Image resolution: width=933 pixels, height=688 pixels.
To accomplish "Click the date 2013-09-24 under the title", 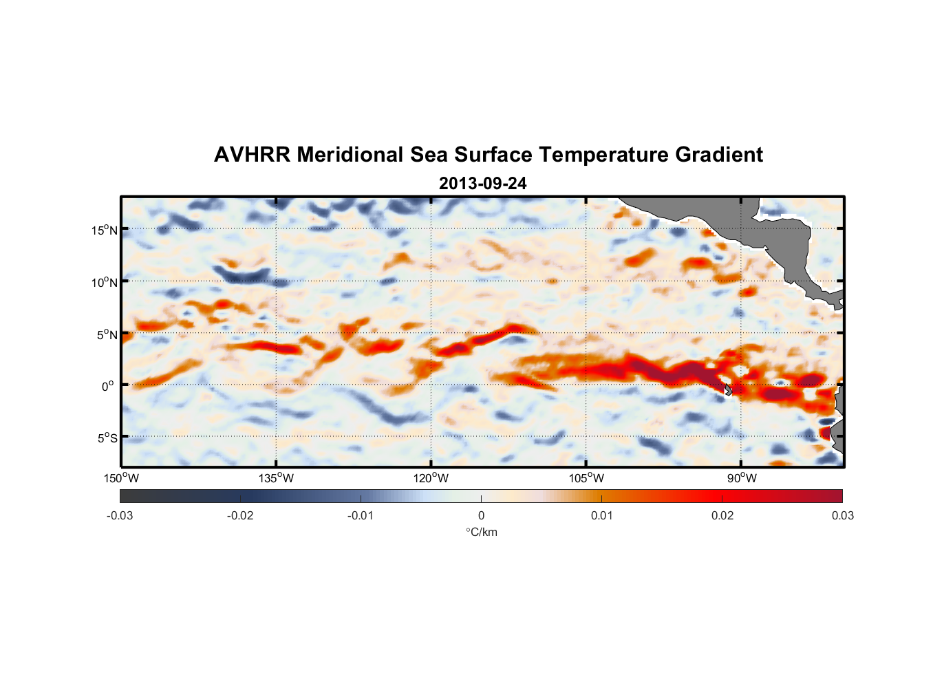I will click(482, 184).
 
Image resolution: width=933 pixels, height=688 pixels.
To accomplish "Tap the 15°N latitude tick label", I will click(104, 230).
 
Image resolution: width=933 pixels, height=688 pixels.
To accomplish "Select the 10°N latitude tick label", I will click(104, 282).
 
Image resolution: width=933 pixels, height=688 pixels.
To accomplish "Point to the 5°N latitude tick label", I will click(107, 334).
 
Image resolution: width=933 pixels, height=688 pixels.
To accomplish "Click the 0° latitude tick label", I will click(108, 387).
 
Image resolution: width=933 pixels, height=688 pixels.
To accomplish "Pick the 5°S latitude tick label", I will click(107, 438).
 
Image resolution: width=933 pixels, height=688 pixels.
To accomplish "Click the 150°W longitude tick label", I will click(121, 478).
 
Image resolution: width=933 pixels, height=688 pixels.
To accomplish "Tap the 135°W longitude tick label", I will click(276, 478).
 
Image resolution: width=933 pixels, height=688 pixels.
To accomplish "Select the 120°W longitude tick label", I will click(431, 478).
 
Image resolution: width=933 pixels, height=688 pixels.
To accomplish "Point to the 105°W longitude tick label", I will click(586, 478).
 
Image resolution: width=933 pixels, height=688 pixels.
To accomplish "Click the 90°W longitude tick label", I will click(742, 478).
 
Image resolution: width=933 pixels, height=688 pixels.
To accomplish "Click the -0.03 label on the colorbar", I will click(120, 515).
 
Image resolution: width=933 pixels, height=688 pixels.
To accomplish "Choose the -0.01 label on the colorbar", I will click(361, 515).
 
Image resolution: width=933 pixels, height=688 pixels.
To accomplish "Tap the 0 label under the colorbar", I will click(481, 515).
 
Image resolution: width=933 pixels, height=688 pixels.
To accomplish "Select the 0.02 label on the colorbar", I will click(722, 515).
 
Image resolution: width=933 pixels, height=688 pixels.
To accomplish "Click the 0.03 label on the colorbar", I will click(843, 515).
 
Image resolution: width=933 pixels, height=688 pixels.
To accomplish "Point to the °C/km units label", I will click(481, 532).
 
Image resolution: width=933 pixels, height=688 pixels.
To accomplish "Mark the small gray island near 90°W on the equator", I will click(728, 389).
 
